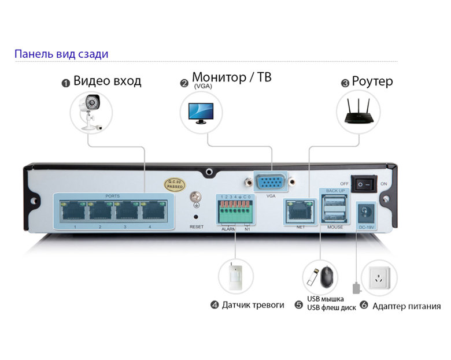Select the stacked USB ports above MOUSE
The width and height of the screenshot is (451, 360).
[334, 209]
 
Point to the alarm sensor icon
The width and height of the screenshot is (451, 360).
[236, 276]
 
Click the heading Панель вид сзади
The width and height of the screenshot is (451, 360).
[61, 54]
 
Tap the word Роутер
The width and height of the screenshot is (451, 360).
[372, 81]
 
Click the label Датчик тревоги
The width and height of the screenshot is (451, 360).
[253, 305]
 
